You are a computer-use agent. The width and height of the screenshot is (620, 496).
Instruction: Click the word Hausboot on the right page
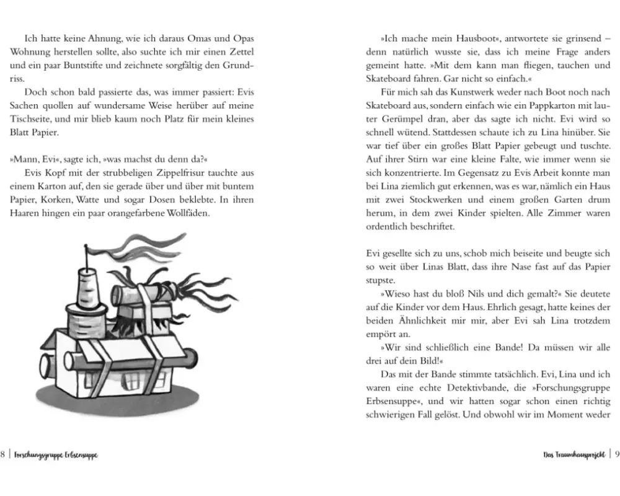coord(449,38)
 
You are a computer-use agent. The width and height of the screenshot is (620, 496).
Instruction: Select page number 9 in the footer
coord(616,454)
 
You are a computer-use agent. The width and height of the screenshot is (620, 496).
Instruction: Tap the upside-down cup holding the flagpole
coord(87,290)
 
